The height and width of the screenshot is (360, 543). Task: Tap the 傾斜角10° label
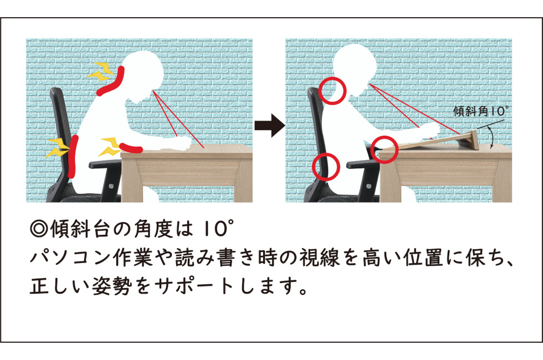click(481, 111)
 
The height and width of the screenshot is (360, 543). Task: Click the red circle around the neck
click(332, 91)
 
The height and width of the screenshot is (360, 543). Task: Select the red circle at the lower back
click(326, 167)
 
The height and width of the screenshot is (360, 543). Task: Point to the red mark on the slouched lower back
click(73, 156)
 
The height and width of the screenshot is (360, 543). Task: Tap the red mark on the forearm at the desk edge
click(131, 148)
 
